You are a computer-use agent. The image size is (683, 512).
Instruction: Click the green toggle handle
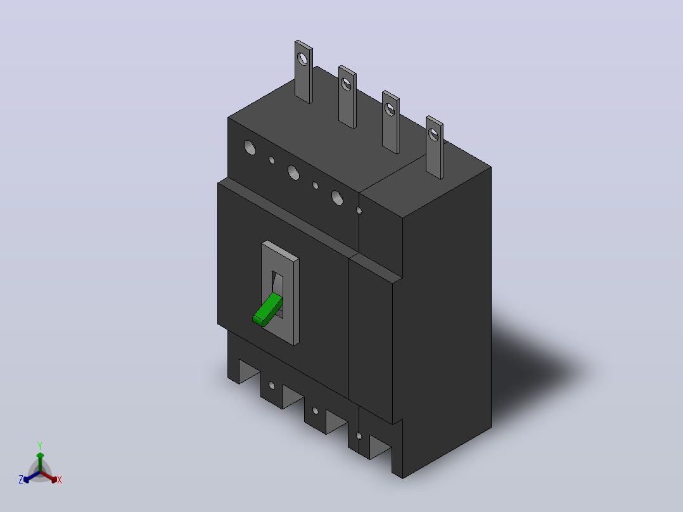click(x=267, y=310)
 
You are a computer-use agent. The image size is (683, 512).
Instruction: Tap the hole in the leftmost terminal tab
click(x=302, y=58)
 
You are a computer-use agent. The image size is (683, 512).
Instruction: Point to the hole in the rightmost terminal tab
click(x=433, y=134)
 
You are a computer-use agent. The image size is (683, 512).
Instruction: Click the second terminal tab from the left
click(x=347, y=97)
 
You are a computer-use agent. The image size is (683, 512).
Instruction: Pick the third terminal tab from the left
click(x=391, y=122)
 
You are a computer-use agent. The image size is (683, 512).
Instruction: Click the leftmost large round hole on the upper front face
click(x=250, y=147)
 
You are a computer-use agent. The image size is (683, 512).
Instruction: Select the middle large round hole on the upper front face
click(x=293, y=172)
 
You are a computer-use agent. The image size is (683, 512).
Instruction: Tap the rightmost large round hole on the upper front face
click(x=337, y=198)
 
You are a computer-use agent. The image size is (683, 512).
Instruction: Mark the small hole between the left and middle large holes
click(x=272, y=160)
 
